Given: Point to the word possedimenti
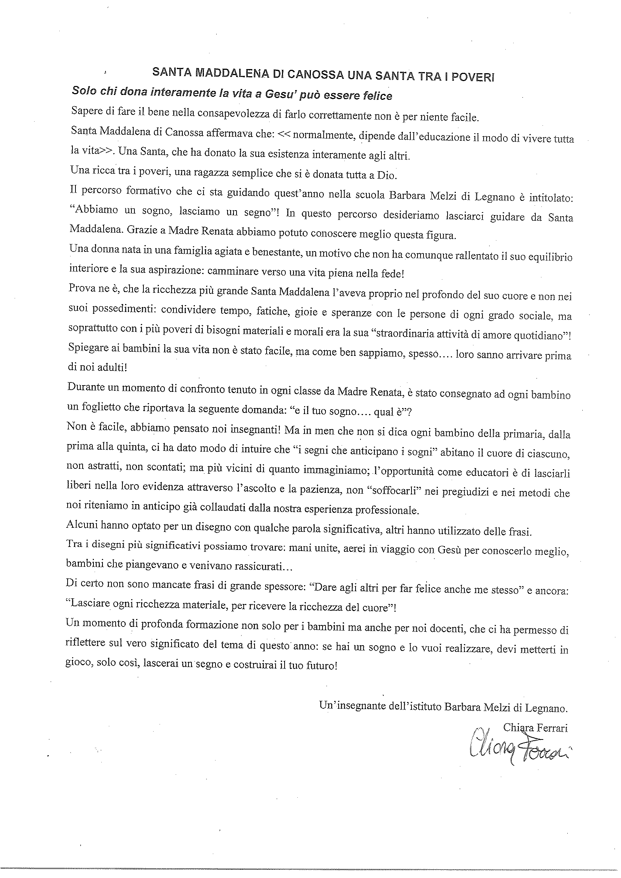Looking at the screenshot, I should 122,309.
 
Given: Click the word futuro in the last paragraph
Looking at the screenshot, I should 322,666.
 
